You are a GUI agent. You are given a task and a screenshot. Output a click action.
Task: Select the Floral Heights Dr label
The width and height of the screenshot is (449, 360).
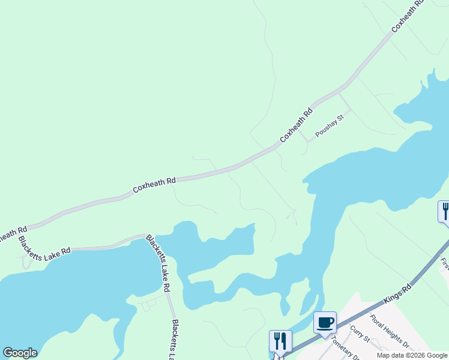point(389,332)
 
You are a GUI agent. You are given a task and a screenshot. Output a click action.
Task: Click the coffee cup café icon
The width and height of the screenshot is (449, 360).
point(325,323)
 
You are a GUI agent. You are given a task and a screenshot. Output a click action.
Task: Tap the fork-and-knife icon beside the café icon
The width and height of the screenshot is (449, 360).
point(280,341)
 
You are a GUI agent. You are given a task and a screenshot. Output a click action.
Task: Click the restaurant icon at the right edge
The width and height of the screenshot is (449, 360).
point(445,211)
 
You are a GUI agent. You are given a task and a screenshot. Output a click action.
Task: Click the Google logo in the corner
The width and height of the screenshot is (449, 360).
point(20,353)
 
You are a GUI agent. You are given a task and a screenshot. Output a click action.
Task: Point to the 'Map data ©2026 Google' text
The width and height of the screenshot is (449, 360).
point(412,355)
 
